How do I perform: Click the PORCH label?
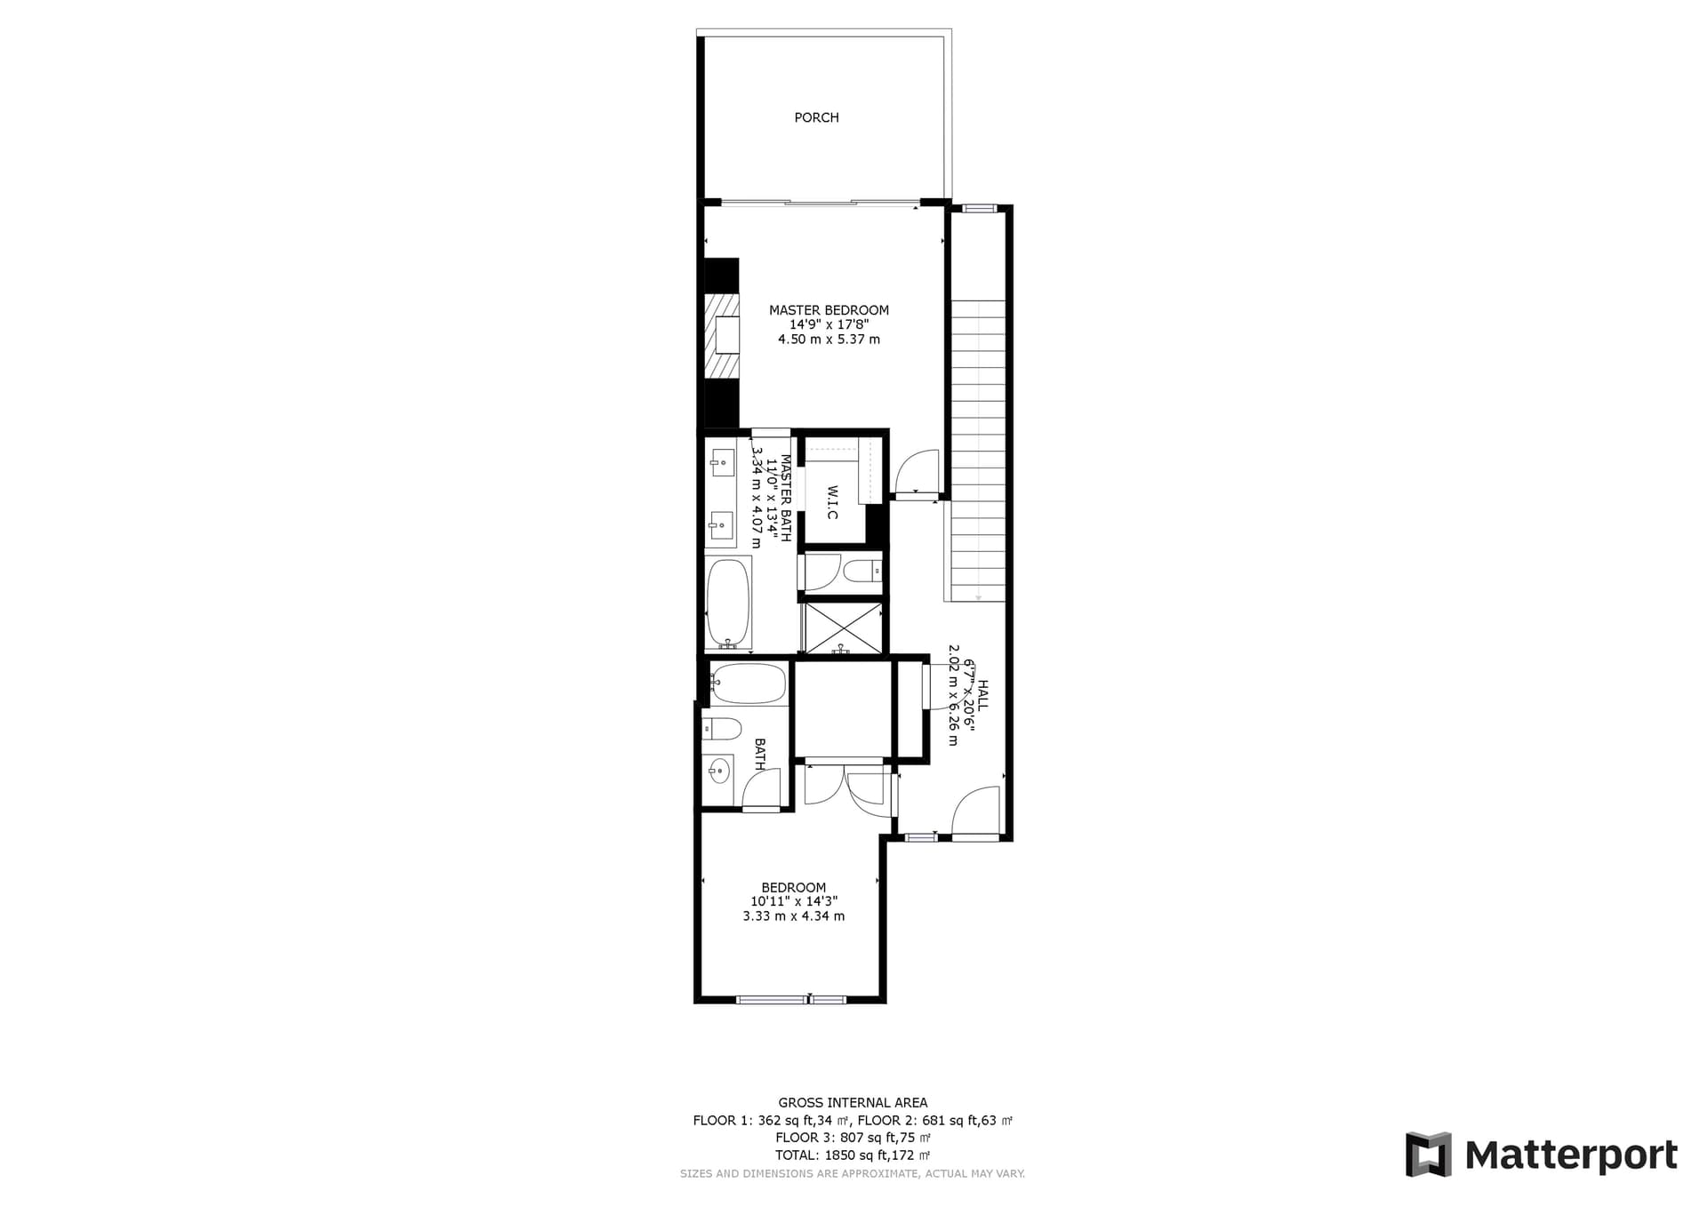816,117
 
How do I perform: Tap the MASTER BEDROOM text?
829,310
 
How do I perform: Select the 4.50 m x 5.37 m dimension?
829,340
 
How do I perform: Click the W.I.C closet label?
832,502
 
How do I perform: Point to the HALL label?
982,694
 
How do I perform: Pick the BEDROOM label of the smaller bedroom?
794,887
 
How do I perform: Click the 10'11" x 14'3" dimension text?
794,901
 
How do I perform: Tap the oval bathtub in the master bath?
728,602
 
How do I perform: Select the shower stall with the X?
843,627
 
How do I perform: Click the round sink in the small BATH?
718,771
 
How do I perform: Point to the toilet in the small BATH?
722,730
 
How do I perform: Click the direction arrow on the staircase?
978,597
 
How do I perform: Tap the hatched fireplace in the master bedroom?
722,337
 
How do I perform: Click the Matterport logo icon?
1428,1154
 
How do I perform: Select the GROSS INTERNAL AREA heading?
853,1103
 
